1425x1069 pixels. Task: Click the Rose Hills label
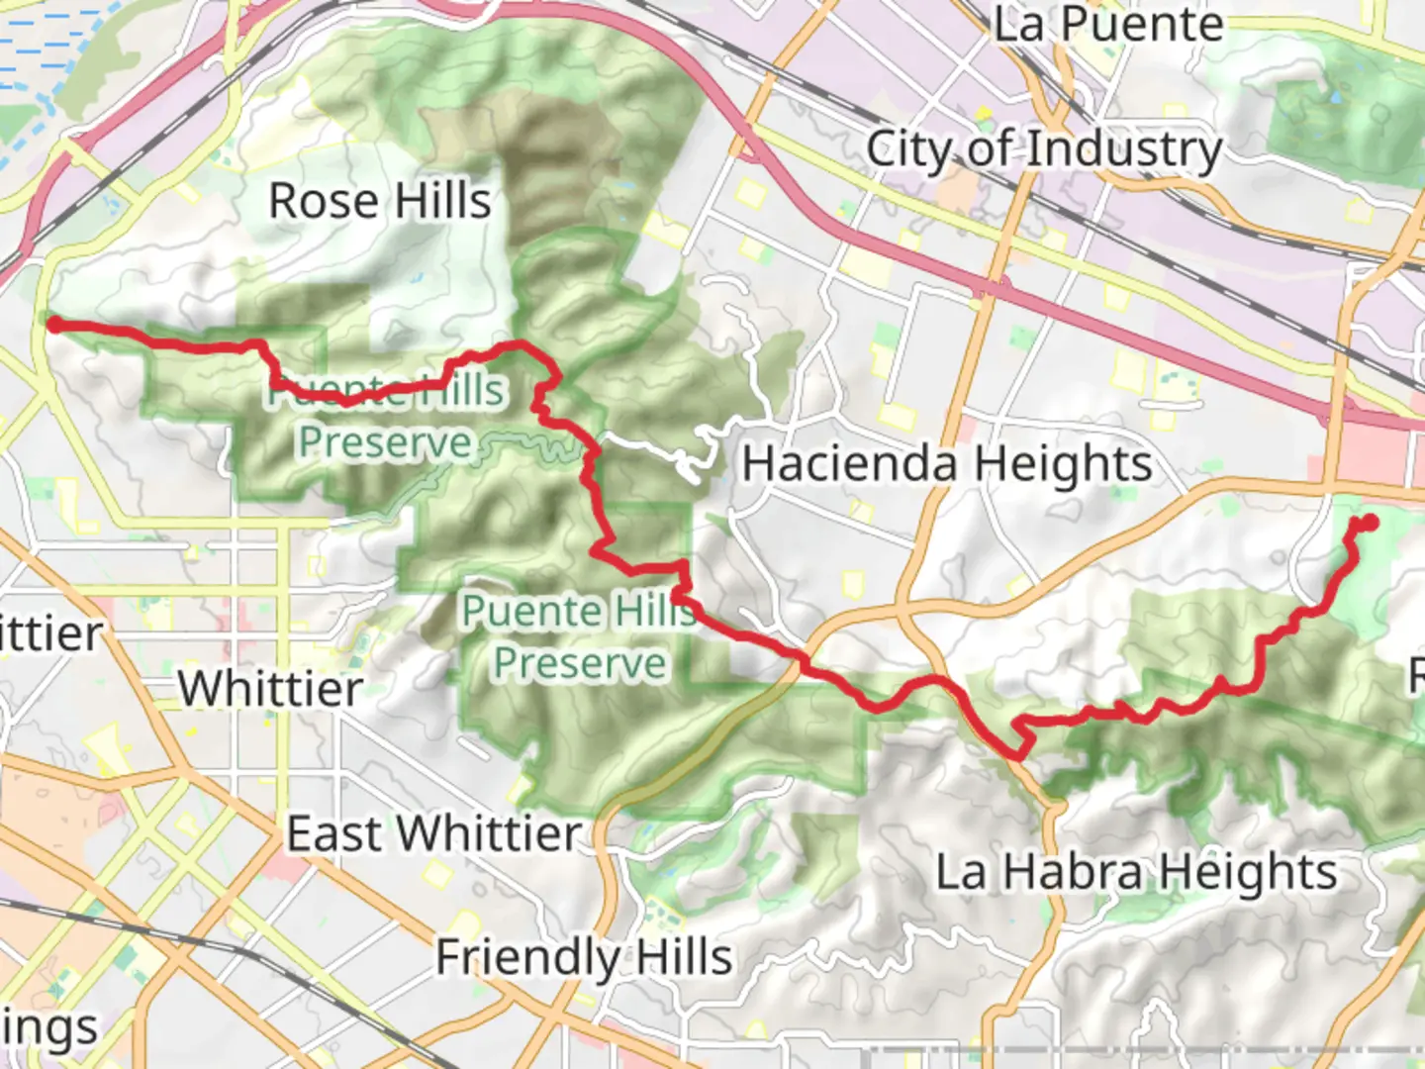tap(380, 202)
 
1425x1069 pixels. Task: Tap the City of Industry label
tap(1044, 150)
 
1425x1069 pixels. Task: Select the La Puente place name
tap(1108, 25)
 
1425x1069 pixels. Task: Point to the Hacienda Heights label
tap(947, 463)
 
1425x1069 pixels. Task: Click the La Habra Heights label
tap(1136, 872)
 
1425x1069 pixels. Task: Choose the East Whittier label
tap(433, 833)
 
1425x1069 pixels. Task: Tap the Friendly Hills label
tap(584, 957)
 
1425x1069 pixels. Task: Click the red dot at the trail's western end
tap(55, 325)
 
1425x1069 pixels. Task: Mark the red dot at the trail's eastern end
tap(1371, 522)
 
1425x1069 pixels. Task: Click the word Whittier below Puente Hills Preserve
tap(270, 688)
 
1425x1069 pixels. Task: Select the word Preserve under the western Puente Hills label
tap(385, 442)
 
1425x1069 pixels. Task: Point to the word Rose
tap(324, 202)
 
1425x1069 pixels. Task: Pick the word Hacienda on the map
tap(849, 463)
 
